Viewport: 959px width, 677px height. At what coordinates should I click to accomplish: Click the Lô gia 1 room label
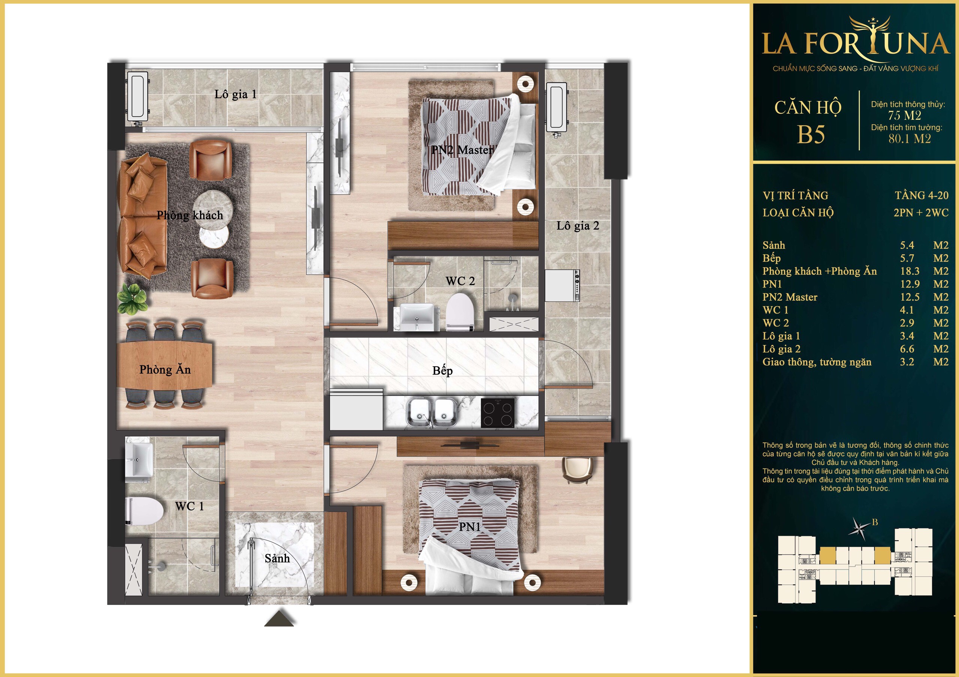236,95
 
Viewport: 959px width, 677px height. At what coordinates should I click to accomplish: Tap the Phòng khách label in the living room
190,215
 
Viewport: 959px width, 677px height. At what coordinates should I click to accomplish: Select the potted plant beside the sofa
133,298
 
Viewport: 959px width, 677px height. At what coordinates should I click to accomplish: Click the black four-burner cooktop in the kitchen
497,413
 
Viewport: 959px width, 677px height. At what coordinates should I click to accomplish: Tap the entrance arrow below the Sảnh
279,618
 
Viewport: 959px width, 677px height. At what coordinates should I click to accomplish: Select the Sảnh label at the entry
277,558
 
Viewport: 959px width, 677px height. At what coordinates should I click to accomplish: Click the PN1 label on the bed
470,527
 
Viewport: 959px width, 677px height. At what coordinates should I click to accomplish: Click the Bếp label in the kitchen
443,371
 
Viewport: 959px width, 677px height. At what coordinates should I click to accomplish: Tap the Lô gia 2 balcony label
578,226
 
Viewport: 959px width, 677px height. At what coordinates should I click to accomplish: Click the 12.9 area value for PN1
910,284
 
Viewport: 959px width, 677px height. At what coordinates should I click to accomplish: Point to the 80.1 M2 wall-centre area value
910,139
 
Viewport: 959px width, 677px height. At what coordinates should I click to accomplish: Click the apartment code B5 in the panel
811,135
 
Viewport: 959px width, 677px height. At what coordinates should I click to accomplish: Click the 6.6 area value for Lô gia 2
907,349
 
